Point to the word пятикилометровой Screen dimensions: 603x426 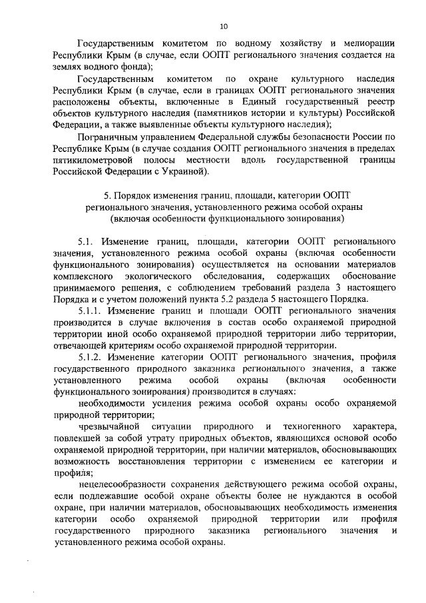94,161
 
